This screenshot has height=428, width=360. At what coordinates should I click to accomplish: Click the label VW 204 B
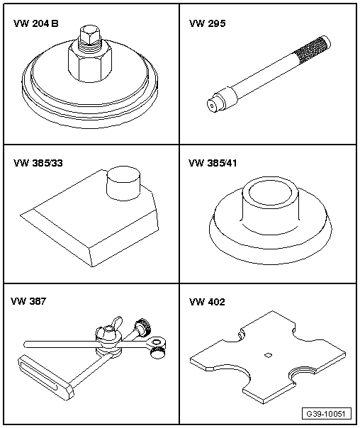pyautogui.click(x=35, y=23)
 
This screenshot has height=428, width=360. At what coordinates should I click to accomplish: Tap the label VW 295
pyautogui.click(x=208, y=23)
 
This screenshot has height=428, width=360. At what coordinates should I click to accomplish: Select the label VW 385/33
pyautogui.click(x=38, y=163)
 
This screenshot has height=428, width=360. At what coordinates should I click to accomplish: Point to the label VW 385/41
pyautogui.click(x=213, y=163)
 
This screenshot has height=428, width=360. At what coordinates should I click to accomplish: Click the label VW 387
pyautogui.click(x=28, y=301)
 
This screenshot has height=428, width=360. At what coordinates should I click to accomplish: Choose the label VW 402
pyautogui.click(x=207, y=302)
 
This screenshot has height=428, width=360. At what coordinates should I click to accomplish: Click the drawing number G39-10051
pyautogui.click(x=326, y=414)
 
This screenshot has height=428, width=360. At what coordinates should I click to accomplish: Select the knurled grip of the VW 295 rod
pyautogui.click(x=312, y=50)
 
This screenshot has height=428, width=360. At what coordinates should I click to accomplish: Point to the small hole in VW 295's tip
pyautogui.click(x=211, y=106)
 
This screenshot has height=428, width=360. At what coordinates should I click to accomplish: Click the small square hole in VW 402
pyautogui.click(x=268, y=355)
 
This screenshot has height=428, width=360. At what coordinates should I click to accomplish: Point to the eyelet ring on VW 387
pyautogui.click(x=157, y=342)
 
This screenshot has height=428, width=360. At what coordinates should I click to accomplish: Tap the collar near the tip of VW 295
pyautogui.click(x=228, y=98)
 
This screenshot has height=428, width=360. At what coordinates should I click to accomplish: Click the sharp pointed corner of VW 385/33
pyautogui.click(x=21, y=215)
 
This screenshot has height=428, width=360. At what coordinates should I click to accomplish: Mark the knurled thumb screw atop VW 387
pyautogui.click(x=142, y=326)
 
